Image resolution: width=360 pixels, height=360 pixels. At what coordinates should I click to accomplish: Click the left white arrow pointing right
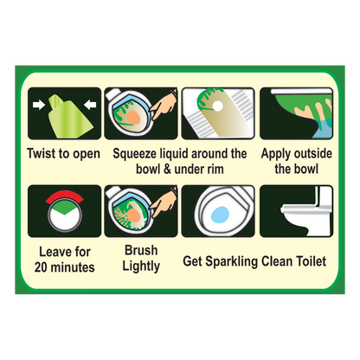(39, 105)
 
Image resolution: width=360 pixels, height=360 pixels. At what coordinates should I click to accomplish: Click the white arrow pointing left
(90, 105)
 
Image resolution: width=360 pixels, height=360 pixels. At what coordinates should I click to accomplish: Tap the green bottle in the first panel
(70, 117)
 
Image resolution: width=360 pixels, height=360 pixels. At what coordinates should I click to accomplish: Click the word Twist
(42, 153)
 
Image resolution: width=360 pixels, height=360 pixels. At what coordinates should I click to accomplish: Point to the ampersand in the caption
(167, 169)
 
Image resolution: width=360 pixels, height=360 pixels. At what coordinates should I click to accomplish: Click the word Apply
(275, 154)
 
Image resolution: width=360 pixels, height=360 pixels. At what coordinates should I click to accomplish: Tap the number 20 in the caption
(41, 267)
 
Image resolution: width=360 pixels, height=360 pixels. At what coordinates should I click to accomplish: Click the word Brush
(141, 250)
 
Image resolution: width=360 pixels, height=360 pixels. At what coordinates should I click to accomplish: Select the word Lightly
(141, 267)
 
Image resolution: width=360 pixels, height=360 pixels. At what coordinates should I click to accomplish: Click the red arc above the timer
(65, 195)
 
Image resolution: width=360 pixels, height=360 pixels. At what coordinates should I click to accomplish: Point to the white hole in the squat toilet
(218, 106)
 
